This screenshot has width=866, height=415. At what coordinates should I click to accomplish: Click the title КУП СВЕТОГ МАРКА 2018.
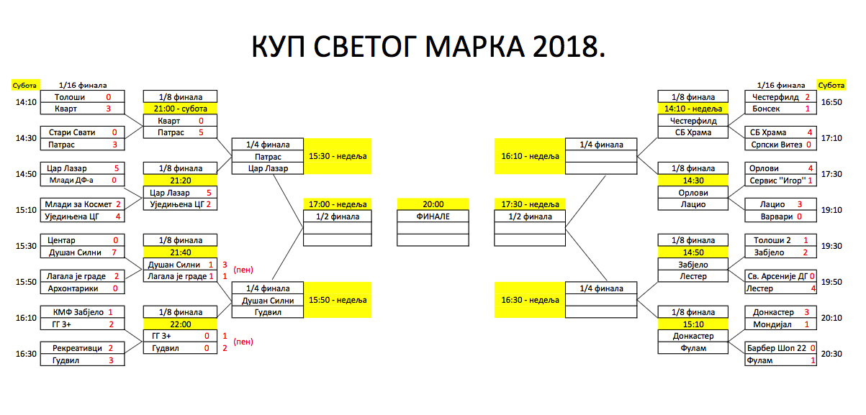point(428,47)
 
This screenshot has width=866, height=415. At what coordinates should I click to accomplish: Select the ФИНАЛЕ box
point(433,216)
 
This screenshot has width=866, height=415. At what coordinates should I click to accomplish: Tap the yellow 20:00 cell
point(433,204)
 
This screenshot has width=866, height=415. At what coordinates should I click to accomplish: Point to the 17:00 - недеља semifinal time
point(338,204)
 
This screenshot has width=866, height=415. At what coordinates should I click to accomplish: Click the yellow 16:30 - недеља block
point(529,300)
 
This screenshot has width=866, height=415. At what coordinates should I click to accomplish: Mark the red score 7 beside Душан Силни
point(114,252)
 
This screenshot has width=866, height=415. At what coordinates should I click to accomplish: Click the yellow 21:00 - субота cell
point(180,109)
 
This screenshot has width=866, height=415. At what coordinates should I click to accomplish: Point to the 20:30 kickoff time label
point(831,354)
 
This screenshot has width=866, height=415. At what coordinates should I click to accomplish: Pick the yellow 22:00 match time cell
point(180,324)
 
